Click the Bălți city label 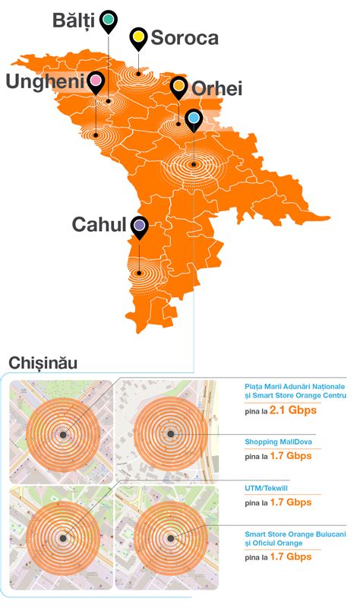74,21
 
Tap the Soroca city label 185,38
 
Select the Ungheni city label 44,81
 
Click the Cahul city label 98,225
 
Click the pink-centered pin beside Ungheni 96,81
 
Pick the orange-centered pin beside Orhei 179,87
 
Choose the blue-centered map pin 194,119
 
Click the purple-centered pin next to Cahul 139,226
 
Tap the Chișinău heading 43,363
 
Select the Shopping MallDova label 279,442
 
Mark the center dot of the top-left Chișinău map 62,435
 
